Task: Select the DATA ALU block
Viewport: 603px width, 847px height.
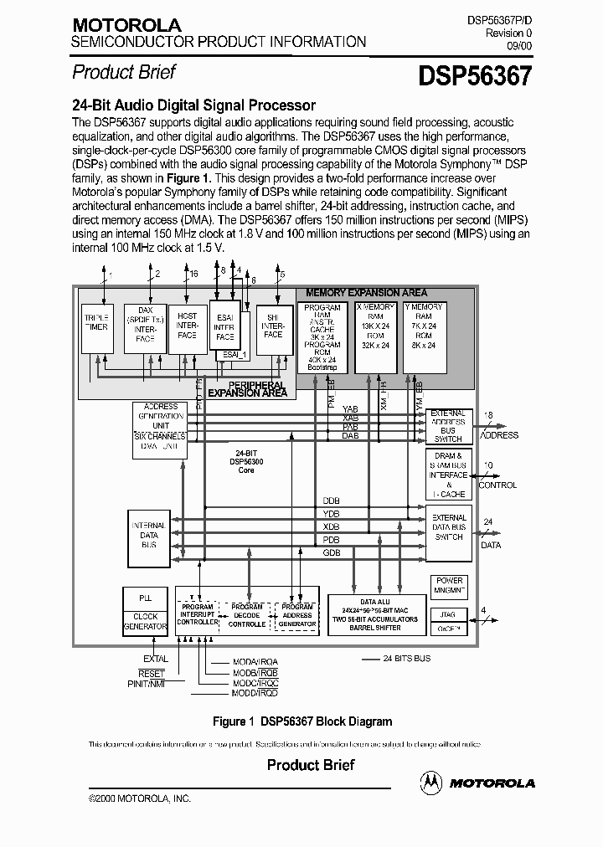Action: coord(374,614)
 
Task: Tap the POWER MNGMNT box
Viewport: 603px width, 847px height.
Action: coord(449,585)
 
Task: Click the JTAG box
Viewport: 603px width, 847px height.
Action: coord(449,614)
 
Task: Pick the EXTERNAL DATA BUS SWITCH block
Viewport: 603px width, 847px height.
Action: coord(449,526)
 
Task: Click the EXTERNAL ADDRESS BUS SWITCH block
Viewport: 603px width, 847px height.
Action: coord(449,426)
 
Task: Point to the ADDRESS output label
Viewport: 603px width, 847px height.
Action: coord(500,435)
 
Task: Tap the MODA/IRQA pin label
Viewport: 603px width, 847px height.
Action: coord(255,662)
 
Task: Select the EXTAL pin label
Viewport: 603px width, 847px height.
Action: coord(155,659)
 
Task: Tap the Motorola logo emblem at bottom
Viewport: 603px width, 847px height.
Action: coord(432,782)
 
